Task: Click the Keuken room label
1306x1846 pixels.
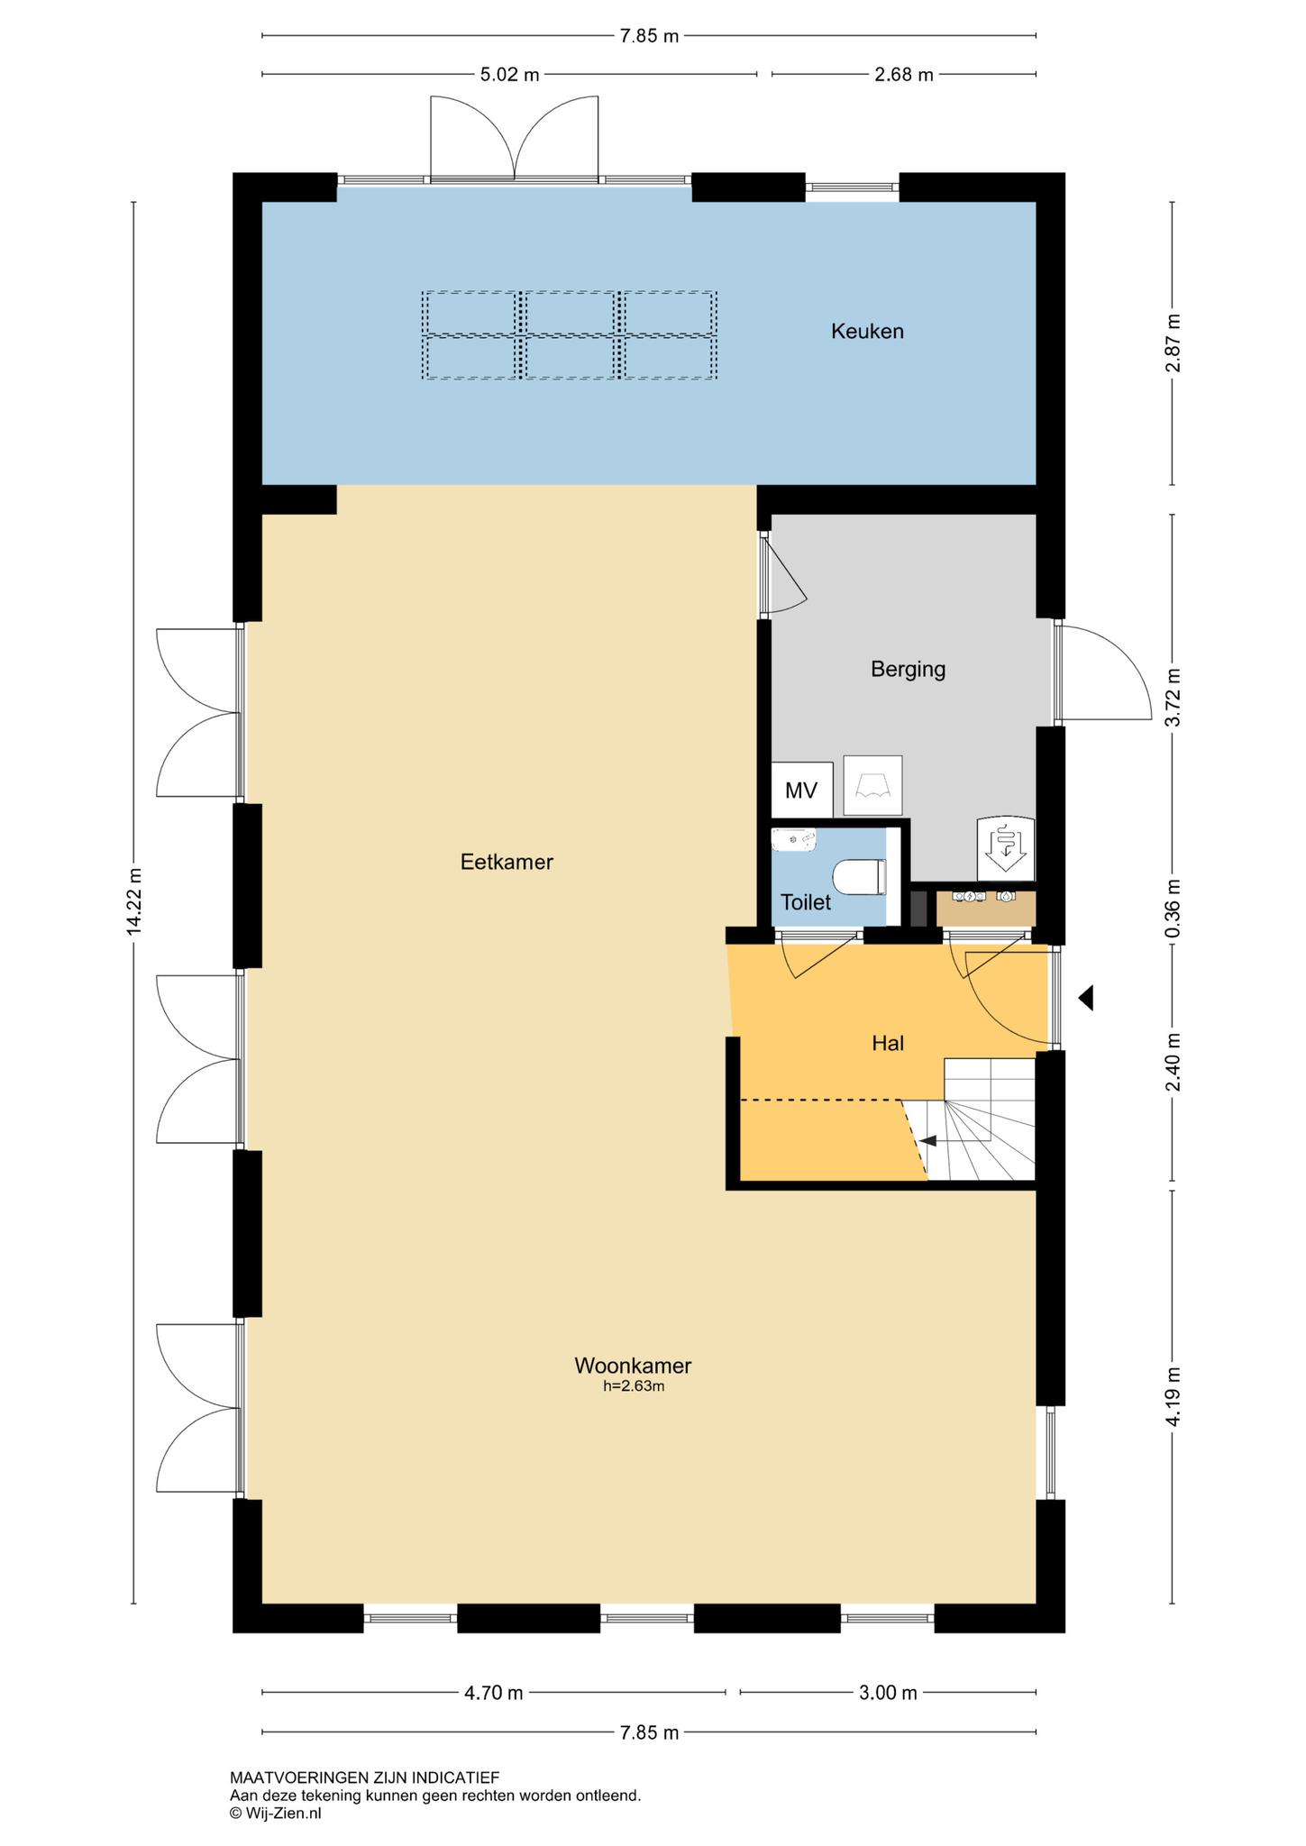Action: click(x=867, y=332)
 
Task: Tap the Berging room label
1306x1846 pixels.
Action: click(x=908, y=670)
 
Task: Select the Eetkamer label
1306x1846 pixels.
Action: click(x=507, y=862)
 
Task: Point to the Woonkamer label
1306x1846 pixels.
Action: click(x=633, y=1365)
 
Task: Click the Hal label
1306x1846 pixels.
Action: click(x=888, y=1043)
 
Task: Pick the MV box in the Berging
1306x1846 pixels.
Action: click(x=801, y=790)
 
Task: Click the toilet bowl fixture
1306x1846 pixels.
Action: click(x=860, y=877)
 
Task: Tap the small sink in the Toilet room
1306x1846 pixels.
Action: click(x=794, y=840)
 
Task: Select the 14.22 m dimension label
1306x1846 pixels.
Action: click(x=134, y=901)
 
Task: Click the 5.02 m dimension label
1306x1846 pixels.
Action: click(x=509, y=75)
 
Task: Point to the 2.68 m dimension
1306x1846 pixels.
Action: click(x=904, y=75)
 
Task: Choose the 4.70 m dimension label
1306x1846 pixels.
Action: click(x=493, y=1693)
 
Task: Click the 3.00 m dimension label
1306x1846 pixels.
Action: click(x=888, y=1693)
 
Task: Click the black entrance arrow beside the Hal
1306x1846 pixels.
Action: click(x=1086, y=998)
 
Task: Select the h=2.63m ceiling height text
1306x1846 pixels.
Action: click(x=634, y=1386)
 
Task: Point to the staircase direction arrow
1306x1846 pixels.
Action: click(x=927, y=1141)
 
